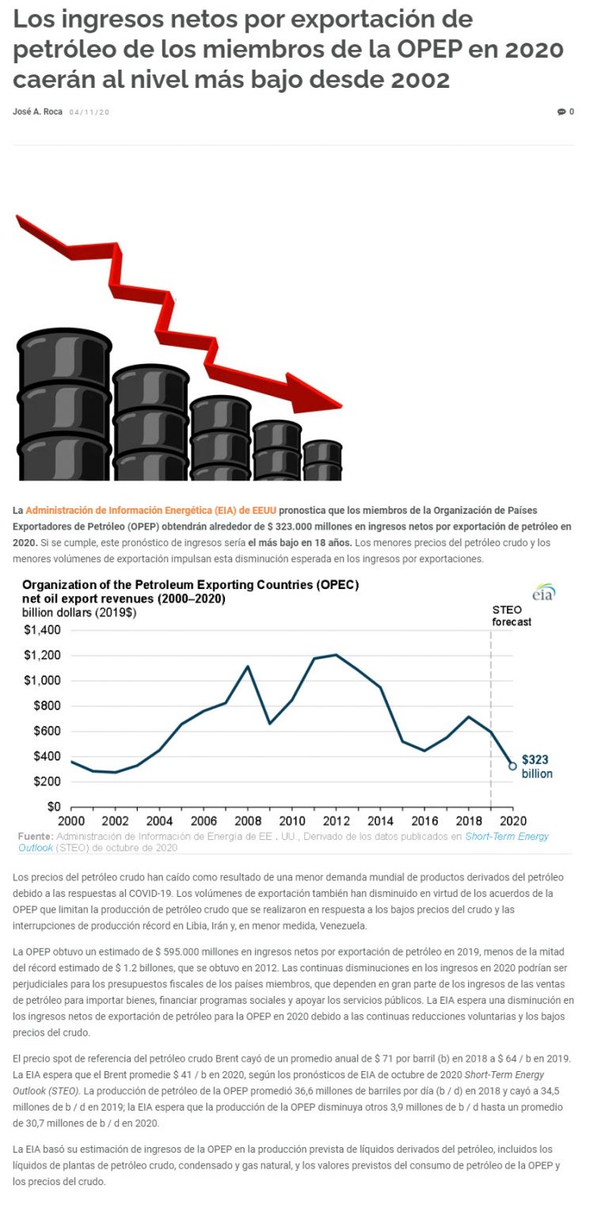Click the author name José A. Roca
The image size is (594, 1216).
[x=37, y=112]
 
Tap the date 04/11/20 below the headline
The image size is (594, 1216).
[x=89, y=112]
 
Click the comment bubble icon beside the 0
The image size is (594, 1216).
[x=561, y=112]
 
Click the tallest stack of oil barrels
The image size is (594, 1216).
[x=63, y=404]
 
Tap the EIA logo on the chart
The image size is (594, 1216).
[x=543, y=592]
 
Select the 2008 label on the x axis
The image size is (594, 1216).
[x=248, y=820]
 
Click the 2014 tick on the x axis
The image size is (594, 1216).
[x=381, y=820]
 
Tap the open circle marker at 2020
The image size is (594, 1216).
[x=512, y=766]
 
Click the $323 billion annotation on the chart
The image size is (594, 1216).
[x=536, y=766]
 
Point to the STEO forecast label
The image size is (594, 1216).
[x=512, y=616]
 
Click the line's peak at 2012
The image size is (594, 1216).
[x=336, y=655]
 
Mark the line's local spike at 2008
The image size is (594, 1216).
[x=248, y=666]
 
